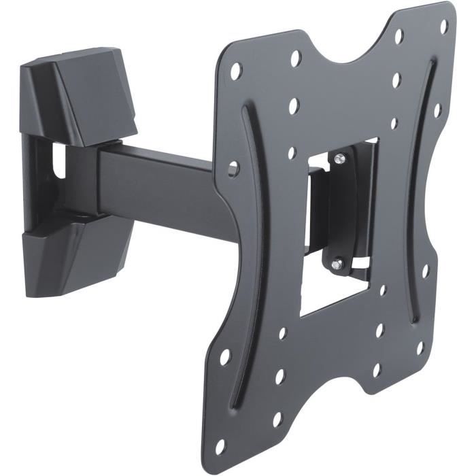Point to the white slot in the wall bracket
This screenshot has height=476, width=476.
(60, 159)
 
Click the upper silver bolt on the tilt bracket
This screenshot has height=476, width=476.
(340, 158)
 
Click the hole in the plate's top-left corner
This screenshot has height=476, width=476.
(235, 70)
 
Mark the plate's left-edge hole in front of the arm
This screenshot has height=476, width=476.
(233, 166)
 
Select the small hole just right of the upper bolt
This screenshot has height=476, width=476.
(394, 123)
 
